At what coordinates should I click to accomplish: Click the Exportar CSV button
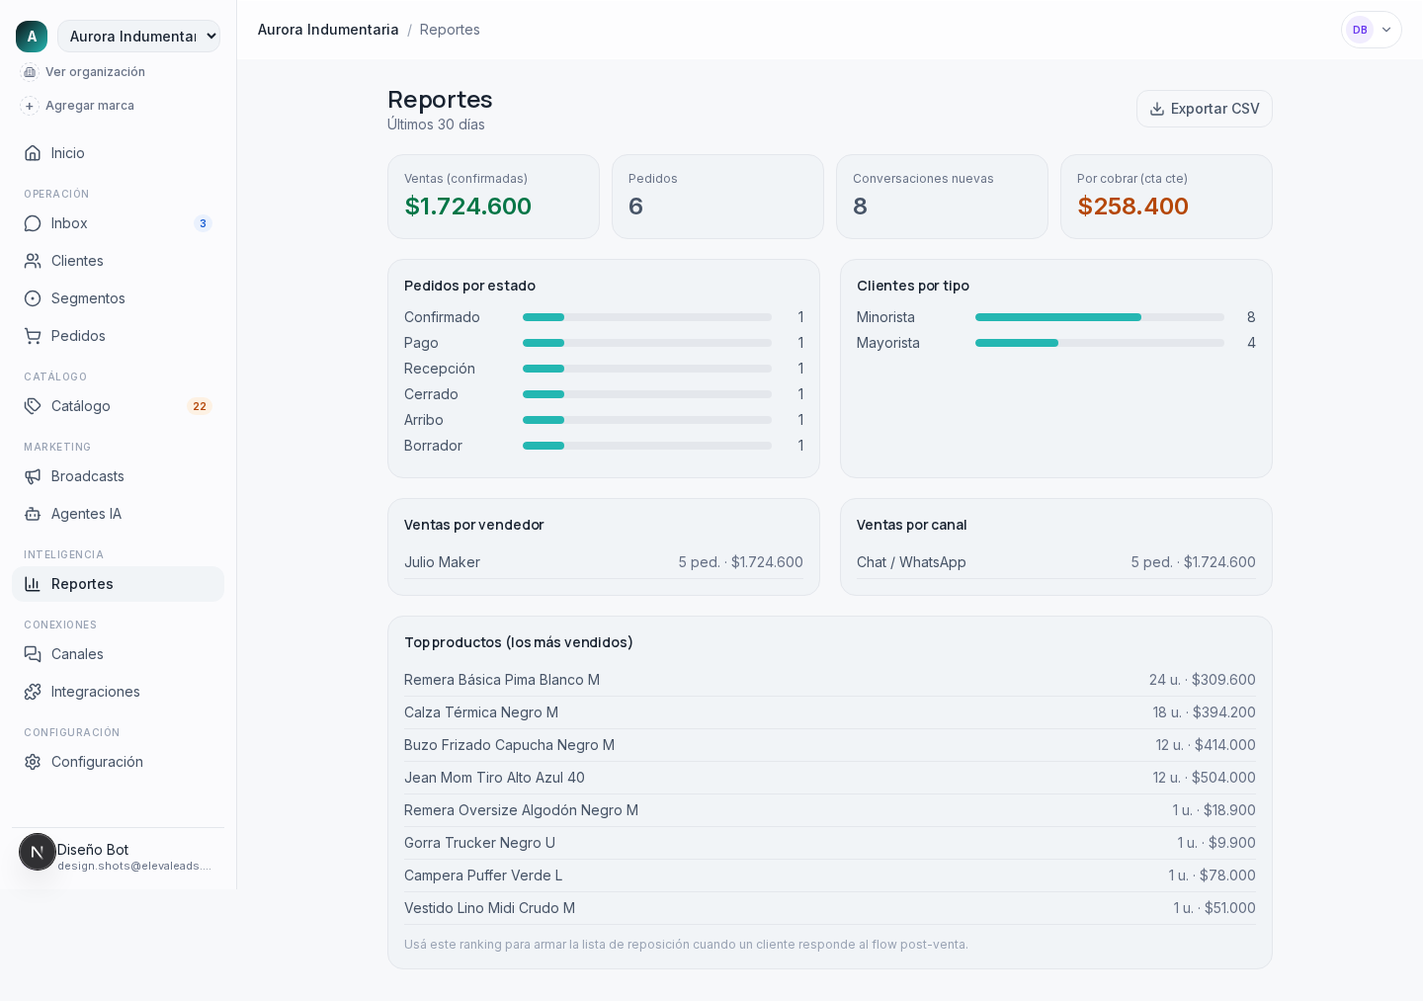(x=1204, y=109)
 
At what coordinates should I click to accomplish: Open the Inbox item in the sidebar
(x=68, y=223)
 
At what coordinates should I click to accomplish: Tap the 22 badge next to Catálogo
(x=200, y=406)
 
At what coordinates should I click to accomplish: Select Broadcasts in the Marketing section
(x=87, y=476)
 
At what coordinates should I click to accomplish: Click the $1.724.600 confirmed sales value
(x=467, y=206)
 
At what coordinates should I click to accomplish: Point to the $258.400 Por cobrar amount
(x=1132, y=206)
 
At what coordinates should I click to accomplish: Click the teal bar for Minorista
(x=1057, y=317)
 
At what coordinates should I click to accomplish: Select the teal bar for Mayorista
(x=1017, y=343)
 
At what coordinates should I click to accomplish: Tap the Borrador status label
(x=433, y=446)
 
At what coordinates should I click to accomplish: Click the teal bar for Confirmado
(x=544, y=317)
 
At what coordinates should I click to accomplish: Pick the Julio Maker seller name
(x=442, y=562)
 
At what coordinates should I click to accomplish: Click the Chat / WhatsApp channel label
(x=911, y=562)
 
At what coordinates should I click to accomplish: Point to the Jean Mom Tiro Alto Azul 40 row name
(x=494, y=778)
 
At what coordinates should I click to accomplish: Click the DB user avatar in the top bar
(x=1360, y=30)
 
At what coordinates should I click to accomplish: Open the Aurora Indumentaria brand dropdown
(x=139, y=37)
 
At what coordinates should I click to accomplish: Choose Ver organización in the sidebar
(x=95, y=72)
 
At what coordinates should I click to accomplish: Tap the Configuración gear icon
(x=33, y=762)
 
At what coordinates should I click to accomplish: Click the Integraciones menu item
(x=95, y=692)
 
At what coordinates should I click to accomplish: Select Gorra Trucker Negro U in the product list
(x=479, y=843)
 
